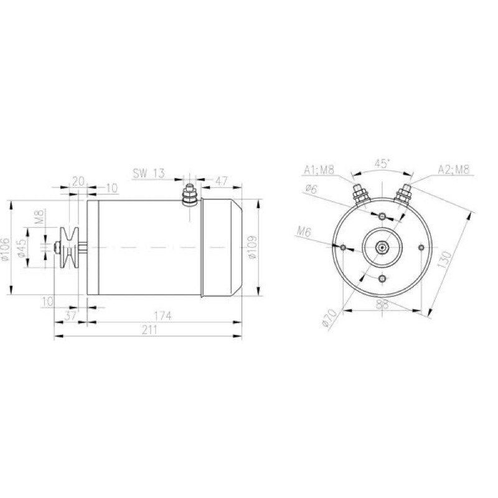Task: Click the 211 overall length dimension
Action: (x=149, y=330)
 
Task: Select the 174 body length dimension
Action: (x=163, y=316)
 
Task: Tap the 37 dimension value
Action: (x=70, y=316)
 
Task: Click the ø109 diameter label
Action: (x=252, y=247)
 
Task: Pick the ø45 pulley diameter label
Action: (x=21, y=248)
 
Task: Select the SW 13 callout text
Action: (x=149, y=173)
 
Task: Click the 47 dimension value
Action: (x=222, y=181)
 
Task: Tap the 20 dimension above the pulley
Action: (x=78, y=181)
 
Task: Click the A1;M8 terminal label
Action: (x=319, y=169)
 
